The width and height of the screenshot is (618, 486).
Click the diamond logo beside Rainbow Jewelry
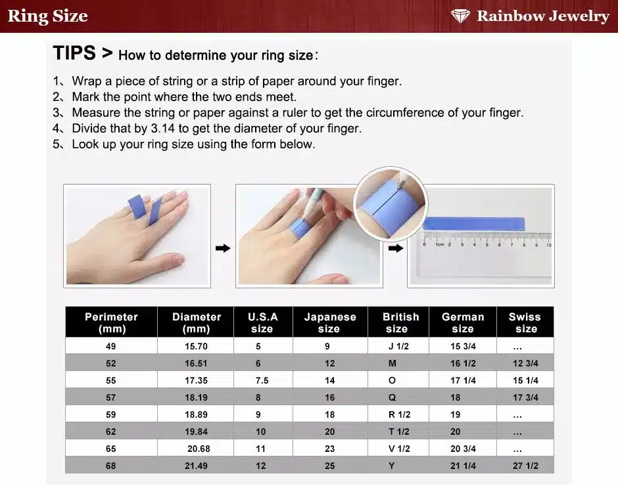[460, 16]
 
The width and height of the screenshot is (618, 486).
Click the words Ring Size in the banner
[48, 16]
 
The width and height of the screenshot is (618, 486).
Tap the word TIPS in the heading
[74, 53]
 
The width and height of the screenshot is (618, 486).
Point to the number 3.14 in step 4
[163, 128]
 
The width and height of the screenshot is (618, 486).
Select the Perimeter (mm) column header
[112, 322]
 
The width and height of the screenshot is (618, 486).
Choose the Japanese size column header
[330, 322]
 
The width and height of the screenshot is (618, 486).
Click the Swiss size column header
[525, 322]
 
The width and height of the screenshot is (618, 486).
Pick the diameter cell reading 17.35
[197, 380]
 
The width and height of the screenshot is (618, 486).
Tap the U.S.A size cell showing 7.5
[262, 380]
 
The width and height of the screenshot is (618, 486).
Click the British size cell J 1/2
[398, 346]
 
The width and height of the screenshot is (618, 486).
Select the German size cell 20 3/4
[463, 449]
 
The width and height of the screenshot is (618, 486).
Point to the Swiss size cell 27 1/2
[525, 466]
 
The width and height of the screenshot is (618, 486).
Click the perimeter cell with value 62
[110, 431]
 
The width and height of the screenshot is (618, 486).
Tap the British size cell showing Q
[392, 397]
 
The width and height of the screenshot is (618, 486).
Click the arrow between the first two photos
[223, 248]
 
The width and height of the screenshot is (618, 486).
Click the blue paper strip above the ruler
[474, 224]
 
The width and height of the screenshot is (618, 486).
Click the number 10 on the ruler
[548, 245]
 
